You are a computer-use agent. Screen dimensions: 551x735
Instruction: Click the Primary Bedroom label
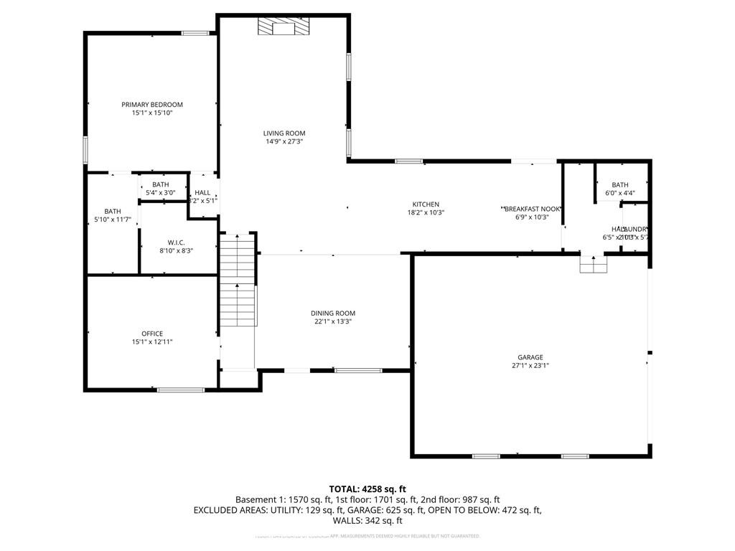(x=151, y=105)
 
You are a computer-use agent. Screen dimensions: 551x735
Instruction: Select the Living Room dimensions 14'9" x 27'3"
(x=284, y=142)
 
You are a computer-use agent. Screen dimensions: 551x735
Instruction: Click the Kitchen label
(x=426, y=204)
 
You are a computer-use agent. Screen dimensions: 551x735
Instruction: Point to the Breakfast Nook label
(x=532, y=209)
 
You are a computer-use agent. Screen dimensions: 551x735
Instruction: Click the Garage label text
(x=530, y=357)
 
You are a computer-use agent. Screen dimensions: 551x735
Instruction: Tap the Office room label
(x=152, y=334)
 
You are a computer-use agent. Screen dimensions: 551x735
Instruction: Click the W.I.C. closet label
(x=177, y=242)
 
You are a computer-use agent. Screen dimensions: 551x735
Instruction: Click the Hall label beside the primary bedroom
(x=202, y=192)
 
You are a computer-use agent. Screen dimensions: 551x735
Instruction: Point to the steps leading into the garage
(x=593, y=265)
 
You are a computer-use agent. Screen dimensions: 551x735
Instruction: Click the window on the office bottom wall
(x=180, y=390)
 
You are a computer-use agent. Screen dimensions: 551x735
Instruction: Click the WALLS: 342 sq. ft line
(x=367, y=521)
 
